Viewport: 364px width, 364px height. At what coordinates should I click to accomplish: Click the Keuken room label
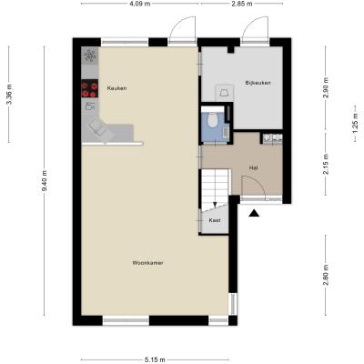click(116, 88)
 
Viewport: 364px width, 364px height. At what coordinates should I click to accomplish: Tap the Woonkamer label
click(147, 263)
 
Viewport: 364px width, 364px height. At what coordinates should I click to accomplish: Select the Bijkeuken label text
click(258, 83)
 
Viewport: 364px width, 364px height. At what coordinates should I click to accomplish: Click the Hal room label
click(254, 167)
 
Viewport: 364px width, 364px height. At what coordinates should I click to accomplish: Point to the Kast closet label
click(215, 220)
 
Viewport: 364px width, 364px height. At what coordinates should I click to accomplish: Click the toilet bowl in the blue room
click(213, 119)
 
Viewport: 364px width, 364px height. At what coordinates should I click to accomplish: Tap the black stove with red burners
click(90, 88)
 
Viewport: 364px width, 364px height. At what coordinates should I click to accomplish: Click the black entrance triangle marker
click(254, 214)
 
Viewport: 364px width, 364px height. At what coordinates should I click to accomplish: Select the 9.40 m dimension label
click(45, 181)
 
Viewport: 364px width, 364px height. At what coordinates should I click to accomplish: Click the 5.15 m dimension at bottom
click(155, 359)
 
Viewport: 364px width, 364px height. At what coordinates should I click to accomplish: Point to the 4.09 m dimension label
click(140, 4)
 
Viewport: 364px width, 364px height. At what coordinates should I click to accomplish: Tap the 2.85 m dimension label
click(242, 4)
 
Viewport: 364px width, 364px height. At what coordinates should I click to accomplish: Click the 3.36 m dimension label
click(9, 94)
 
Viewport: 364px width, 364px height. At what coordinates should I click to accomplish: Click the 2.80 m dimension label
click(326, 275)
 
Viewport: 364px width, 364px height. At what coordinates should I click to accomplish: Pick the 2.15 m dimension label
click(326, 164)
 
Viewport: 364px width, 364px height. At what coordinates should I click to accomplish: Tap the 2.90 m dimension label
click(326, 87)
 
